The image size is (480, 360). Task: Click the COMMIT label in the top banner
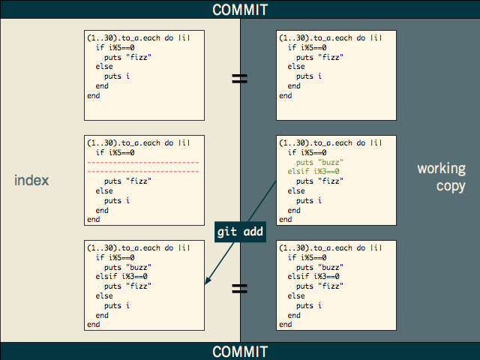tap(240, 10)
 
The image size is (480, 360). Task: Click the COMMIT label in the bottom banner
tap(240, 351)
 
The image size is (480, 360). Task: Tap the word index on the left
tap(32, 180)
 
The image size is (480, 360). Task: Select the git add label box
tap(240, 232)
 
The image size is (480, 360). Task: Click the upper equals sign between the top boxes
tap(240, 78)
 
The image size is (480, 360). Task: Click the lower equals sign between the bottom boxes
tap(240, 288)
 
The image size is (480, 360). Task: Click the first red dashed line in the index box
tap(142, 162)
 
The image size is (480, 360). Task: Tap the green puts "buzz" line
tap(320, 162)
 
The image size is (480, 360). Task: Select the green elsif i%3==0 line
tap(314, 172)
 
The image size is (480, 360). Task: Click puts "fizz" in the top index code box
tap(128, 57)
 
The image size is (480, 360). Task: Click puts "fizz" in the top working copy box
tap(320, 57)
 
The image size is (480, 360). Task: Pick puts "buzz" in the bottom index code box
tap(128, 267)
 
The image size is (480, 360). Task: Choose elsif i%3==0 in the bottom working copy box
tap(314, 277)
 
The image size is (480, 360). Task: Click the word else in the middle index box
tap(104, 191)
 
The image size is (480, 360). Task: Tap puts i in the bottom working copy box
tap(309, 306)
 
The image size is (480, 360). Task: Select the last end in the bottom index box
tap(94, 325)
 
